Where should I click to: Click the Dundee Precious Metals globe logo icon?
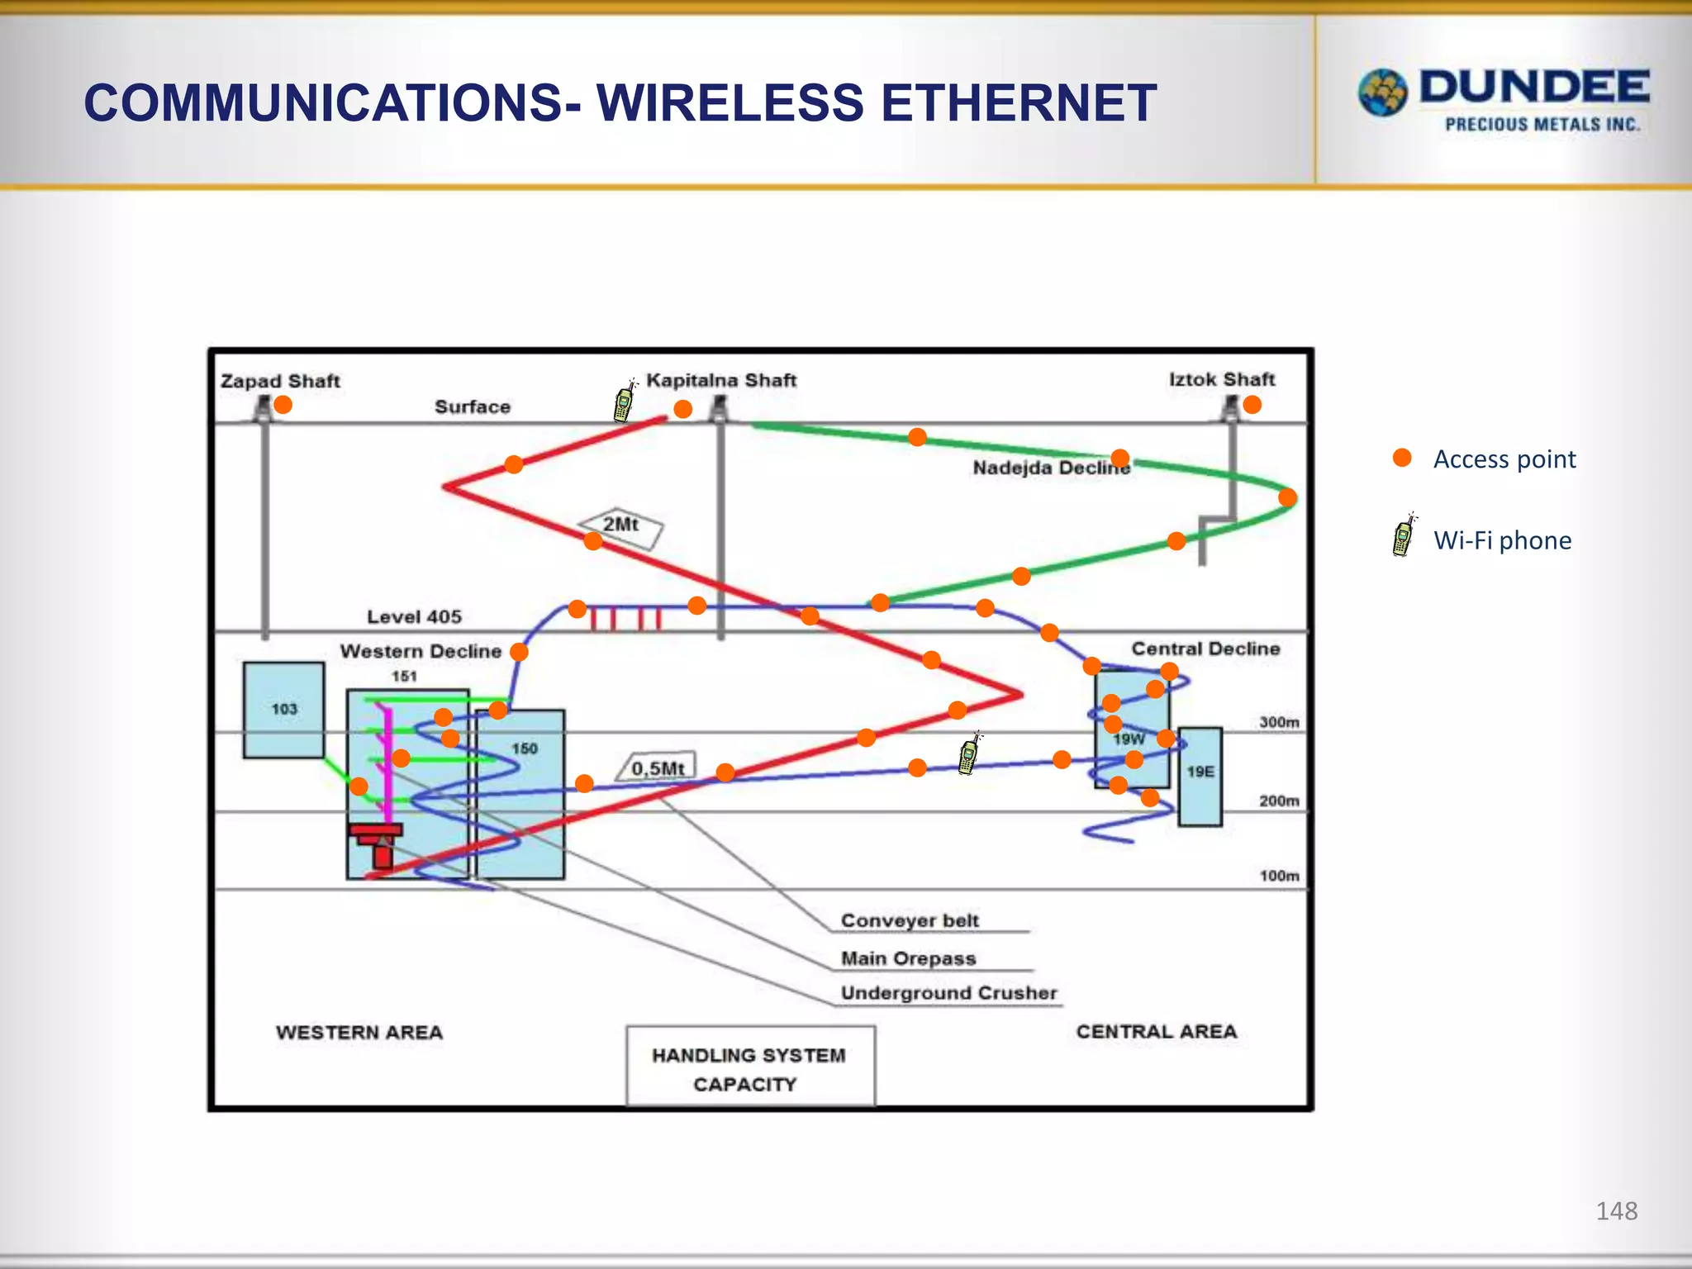click(x=1382, y=93)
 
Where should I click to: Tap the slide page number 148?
click(x=1616, y=1211)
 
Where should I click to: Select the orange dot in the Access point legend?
click(x=1402, y=458)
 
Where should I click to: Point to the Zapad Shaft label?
click(x=280, y=381)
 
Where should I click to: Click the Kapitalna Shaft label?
click(x=720, y=380)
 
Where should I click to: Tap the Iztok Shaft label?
click(x=1222, y=379)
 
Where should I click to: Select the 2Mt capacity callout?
click(x=620, y=526)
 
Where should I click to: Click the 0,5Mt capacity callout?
click(x=658, y=768)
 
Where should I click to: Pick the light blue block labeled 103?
click(x=283, y=710)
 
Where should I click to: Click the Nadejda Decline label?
click(x=1050, y=468)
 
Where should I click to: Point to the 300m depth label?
click(x=1279, y=722)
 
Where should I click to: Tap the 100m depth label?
click(x=1279, y=876)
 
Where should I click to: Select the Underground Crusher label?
click(x=948, y=993)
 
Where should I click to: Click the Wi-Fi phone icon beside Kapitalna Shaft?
click(x=625, y=402)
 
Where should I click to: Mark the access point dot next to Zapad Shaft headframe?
click(x=283, y=405)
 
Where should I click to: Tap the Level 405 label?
click(x=414, y=616)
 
